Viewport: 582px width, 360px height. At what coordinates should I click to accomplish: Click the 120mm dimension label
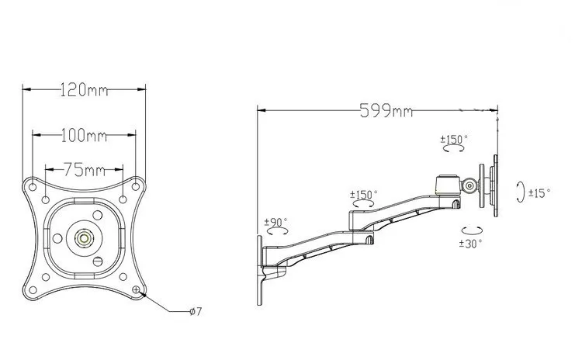point(83,90)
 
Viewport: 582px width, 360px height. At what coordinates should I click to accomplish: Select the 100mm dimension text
point(83,136)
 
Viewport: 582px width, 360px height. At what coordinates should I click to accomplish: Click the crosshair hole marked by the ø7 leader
point(137,290)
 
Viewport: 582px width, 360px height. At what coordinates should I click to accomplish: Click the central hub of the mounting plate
point(84,237)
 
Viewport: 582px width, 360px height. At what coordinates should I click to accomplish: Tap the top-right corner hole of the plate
point(138,185)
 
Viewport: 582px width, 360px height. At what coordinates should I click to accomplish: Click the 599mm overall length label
point(385,111)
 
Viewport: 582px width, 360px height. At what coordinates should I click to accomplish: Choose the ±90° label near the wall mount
point(275,222)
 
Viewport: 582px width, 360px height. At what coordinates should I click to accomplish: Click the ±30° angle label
point(471,243)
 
